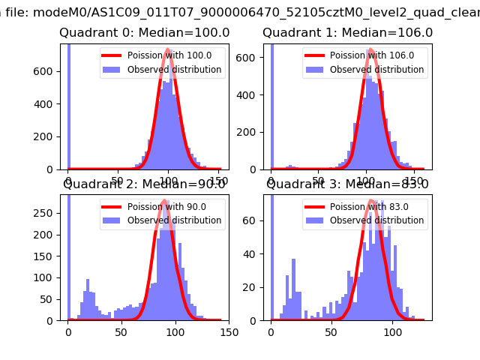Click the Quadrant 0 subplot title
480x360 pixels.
(145, 33)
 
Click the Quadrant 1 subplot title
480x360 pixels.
(347, 33)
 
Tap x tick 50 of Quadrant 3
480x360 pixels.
(331, 331)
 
